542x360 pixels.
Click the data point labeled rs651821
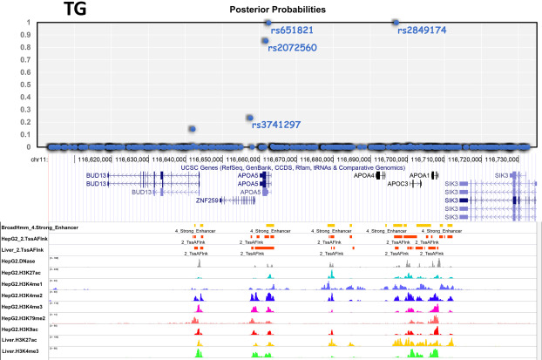[x=266, y=23]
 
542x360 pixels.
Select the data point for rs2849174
[x=395, y=22]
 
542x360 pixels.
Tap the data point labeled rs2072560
[x=265, y=41]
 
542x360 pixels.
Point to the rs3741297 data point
[x=250, y=118]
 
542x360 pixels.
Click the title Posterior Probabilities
[x=277, y=9]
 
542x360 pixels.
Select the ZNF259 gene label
[x=207, y=200]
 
